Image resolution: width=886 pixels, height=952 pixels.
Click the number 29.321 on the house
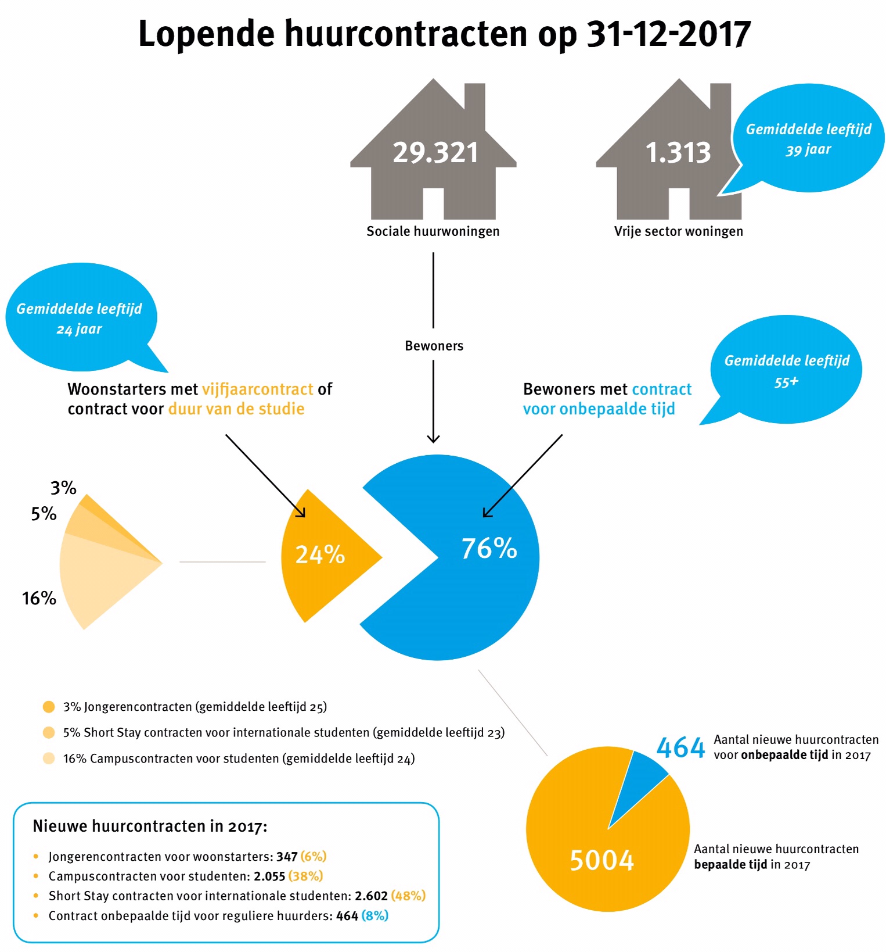coord(435,152)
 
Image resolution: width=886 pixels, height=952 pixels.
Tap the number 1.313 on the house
coord(678,152)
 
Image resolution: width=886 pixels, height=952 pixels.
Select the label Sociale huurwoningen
coord(433,231)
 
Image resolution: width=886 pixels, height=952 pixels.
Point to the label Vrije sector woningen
coord(678,231)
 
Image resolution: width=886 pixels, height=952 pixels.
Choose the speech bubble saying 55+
coord(786,370)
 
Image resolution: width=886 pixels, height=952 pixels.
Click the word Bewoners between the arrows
coord(434,346)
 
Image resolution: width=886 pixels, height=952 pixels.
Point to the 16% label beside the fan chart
coord(39,598)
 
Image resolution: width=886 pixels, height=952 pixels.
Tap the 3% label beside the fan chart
coord(63,488)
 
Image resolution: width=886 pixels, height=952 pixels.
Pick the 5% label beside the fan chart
coord(44,514)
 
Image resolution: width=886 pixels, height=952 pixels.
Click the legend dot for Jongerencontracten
coord(49,707)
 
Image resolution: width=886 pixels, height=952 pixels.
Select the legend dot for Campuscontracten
coord(49,758)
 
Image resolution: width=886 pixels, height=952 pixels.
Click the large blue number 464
coord(680,747)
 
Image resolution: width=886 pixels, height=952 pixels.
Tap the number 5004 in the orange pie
coord(602,860)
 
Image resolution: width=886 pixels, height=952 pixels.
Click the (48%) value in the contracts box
coord(408,896)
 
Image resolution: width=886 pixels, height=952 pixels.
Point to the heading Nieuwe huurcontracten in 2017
coord(150,826)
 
